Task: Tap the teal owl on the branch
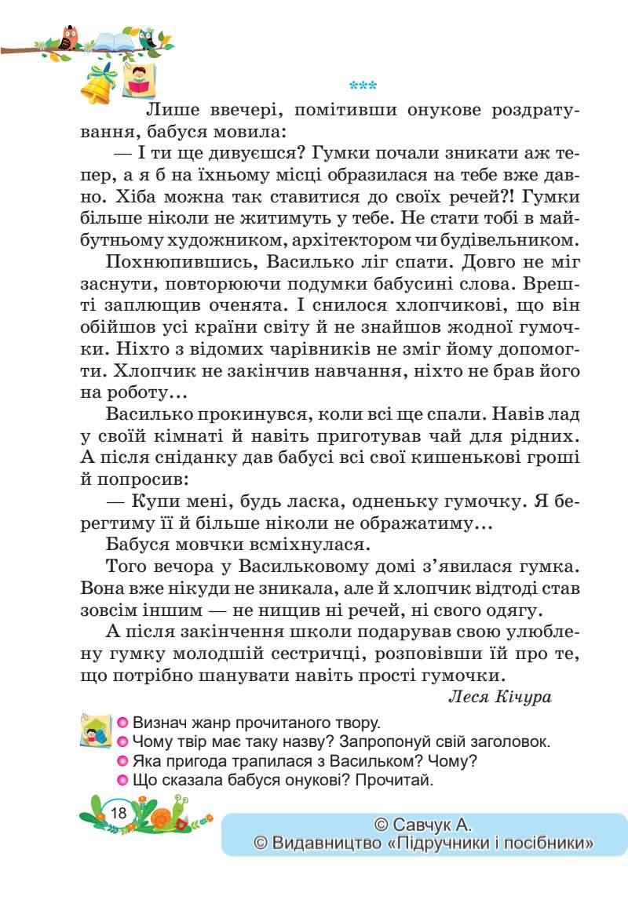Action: [x=148, y=38]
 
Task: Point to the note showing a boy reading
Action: [x=138, y=81]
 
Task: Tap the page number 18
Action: [x=119, y=812]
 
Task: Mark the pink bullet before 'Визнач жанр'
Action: [x=122, y=723]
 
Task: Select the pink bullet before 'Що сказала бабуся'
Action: [x=122, y=780]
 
